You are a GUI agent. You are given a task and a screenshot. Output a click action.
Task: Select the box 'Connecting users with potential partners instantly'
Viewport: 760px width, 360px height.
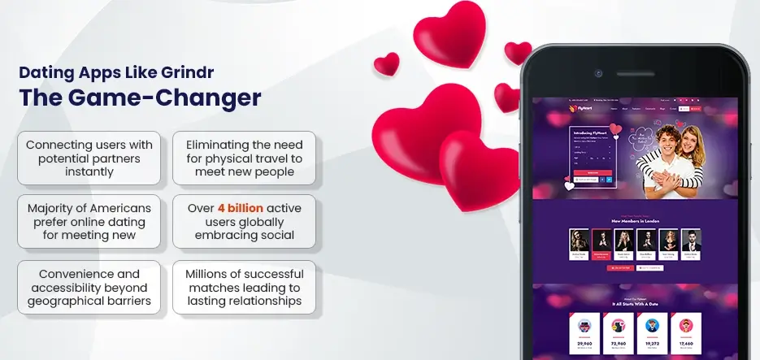click(x=89, y=158)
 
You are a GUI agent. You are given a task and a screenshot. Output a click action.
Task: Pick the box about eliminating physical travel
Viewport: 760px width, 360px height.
click(x=244, y=158)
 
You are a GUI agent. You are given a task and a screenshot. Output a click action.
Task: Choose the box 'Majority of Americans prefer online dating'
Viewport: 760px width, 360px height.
click(x=89, y=222)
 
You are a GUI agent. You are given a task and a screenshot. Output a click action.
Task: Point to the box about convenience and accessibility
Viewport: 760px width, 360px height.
click(x=89, y=287)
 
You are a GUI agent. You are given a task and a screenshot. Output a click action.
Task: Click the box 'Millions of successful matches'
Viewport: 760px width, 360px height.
click(x=244, y=287)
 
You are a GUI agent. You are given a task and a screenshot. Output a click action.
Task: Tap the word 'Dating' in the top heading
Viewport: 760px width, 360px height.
click(x=42, y=72)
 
